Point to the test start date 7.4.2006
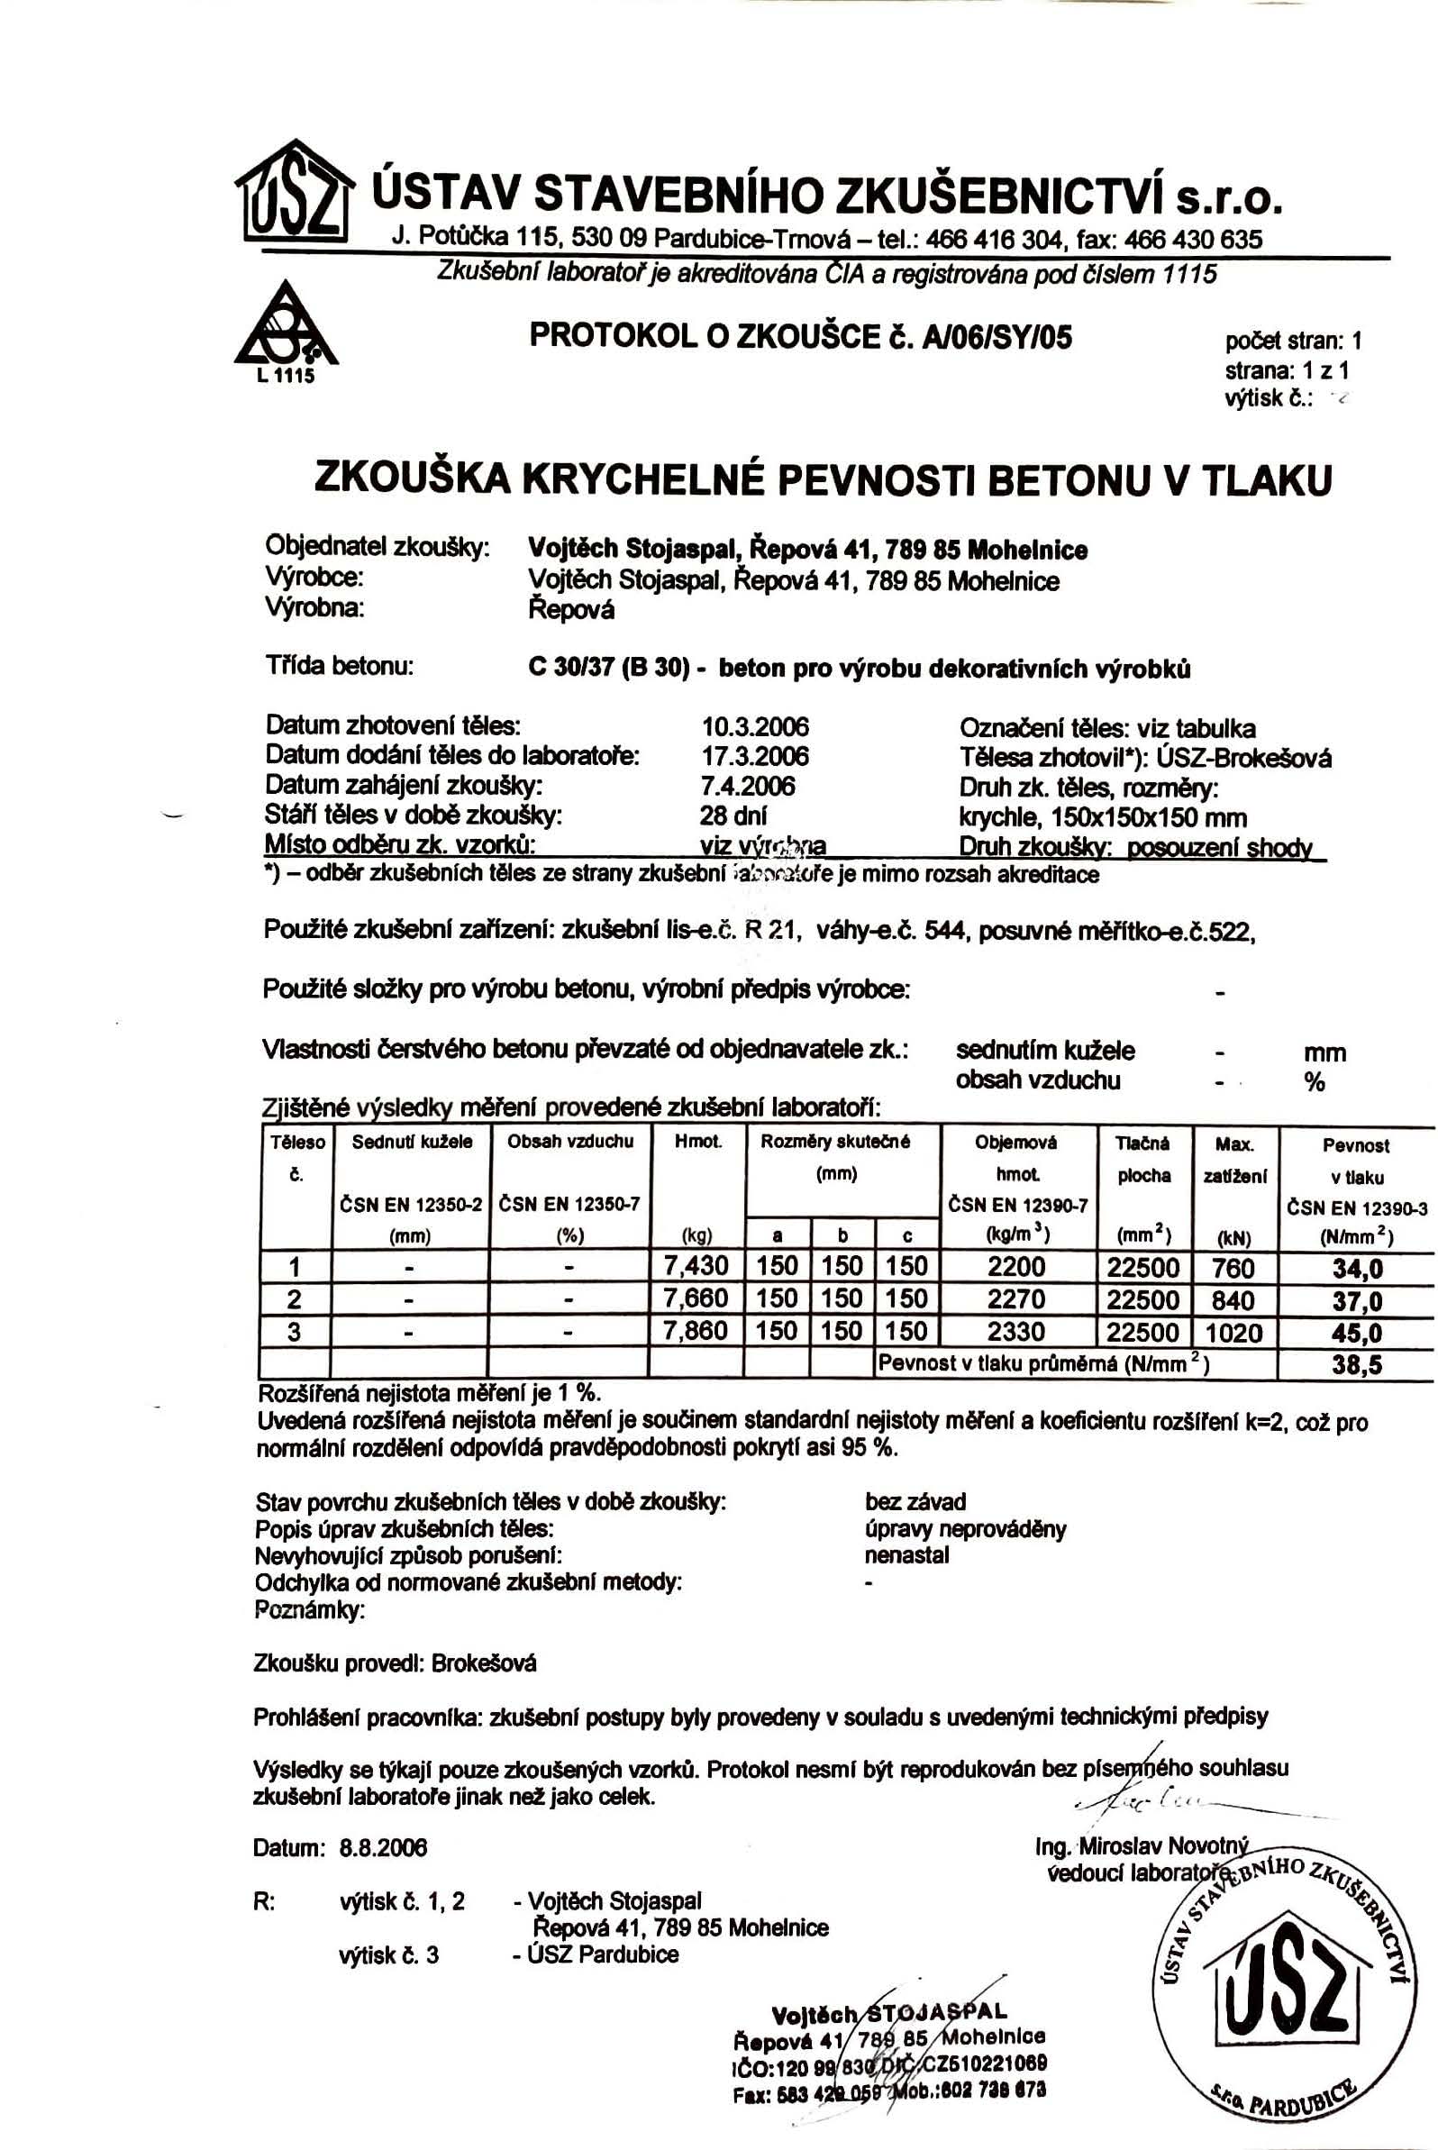[748, 786]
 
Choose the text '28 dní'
[733, 815]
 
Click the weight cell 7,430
[696, 1267]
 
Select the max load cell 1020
[1234, 1332]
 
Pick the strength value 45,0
[1357, 1333]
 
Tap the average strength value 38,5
[1357, 1366]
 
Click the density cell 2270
[1016, 1298]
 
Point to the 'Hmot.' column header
[697, 1143]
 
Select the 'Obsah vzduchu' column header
[569, 1143]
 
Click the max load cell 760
[1233, 1268]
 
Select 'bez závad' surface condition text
[915, 1502]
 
